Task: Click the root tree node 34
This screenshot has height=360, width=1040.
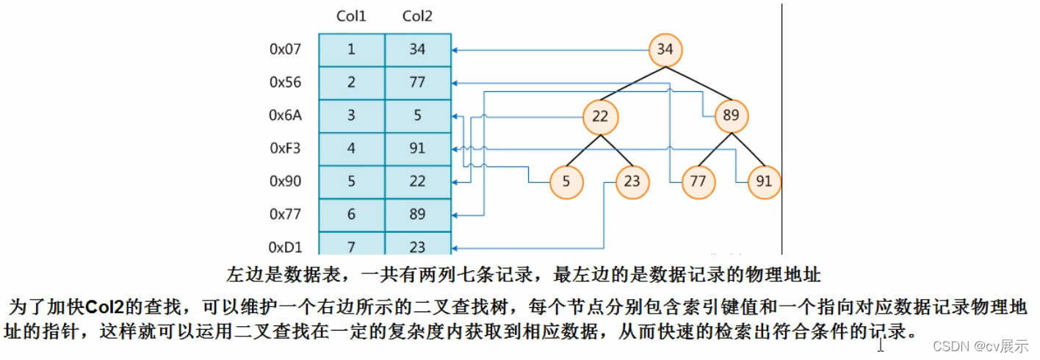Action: [665, 50]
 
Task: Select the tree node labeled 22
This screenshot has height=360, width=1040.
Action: [601, 116]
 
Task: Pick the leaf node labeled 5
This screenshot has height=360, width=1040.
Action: [566, 181]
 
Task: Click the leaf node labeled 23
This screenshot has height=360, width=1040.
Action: [632, 181]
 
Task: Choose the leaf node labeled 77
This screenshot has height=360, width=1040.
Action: [698, 181]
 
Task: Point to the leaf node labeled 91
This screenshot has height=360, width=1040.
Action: [764, 181]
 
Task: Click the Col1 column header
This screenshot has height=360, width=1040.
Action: [351, 17]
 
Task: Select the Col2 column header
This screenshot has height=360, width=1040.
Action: [417, 17]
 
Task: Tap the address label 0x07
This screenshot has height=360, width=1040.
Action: [285, 50]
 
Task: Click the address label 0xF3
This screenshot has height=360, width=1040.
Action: [285, 148]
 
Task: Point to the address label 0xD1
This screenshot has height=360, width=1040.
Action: [285, 247]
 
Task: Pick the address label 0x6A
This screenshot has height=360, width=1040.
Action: [285, 115]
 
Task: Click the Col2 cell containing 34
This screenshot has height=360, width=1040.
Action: [417, 50]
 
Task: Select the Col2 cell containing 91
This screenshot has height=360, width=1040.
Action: [417, 148]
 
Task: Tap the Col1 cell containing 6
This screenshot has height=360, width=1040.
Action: [351, 215]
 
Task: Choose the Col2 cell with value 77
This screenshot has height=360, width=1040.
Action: [417, 82]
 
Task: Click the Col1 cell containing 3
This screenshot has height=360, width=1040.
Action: [351, 115]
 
